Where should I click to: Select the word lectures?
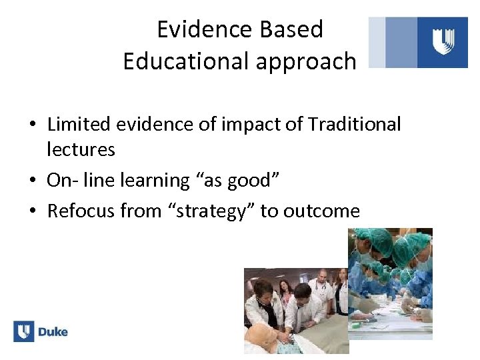pos(81,149)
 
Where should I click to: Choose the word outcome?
pos(321,211)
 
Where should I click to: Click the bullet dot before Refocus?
pos(33,212)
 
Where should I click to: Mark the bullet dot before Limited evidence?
pos(33,125)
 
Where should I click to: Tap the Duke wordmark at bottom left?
pos(53,332)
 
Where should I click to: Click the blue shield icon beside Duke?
pos(24,331)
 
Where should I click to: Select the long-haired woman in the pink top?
pos(286,293)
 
